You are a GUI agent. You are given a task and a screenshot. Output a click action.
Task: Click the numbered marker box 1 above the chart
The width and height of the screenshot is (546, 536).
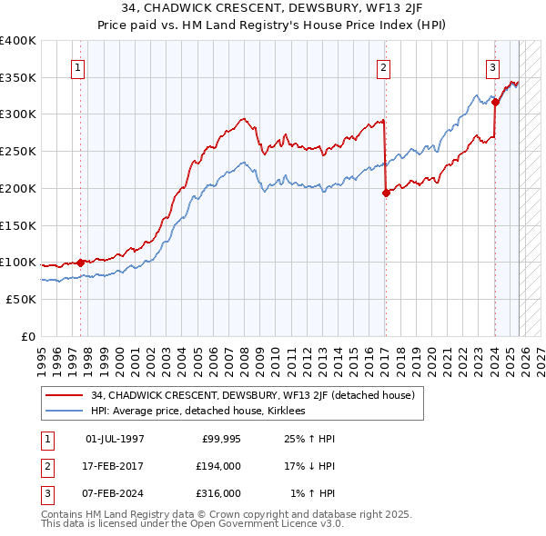coord(77,67)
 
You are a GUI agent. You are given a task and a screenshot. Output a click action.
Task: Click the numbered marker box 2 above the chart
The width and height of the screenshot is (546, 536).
coord(384,67)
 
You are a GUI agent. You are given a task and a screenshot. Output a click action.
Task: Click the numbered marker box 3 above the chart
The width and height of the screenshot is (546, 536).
coord(492,67)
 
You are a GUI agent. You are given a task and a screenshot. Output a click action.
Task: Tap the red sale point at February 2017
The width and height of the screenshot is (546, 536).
coord(386,193)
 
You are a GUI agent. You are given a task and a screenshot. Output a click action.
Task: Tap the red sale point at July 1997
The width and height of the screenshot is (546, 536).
coord(80,263)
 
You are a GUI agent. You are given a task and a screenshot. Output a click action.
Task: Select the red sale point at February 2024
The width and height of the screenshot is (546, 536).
coord(495,103)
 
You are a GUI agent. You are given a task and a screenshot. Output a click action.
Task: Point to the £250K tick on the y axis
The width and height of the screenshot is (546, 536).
coord(18,152)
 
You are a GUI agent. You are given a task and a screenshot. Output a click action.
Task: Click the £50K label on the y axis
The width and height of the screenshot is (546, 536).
coord(21,299)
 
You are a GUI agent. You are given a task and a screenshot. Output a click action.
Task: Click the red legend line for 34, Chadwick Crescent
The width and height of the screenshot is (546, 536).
coord(66,395)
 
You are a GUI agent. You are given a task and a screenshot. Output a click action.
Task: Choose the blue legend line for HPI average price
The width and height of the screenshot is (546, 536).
coord(66,411)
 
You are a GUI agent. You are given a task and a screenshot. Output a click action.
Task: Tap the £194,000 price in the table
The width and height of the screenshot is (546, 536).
coord(218,465)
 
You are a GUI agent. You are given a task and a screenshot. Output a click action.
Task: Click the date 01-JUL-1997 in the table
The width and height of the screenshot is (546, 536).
coord(115,438)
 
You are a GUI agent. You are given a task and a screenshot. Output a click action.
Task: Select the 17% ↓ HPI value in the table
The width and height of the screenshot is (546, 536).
coord(310,465)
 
